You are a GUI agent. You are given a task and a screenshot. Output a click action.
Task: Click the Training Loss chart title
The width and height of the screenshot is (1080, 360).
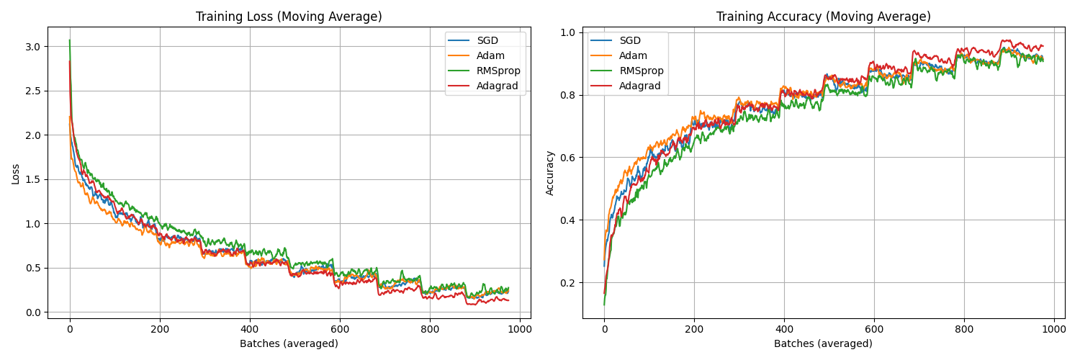pos(289,17)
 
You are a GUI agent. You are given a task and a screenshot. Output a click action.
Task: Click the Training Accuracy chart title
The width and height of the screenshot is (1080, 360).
pos(823,17)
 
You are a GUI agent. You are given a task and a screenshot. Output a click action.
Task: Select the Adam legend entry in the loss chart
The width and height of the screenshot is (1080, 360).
pos(490,55)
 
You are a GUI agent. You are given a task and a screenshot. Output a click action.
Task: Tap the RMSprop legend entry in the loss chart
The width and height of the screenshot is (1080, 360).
pos(498,71)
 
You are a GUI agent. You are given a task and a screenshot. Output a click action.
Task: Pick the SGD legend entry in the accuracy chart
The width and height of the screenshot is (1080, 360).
pos(630,40)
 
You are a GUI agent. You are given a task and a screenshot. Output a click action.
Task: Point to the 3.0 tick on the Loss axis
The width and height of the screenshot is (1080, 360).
pos(34,47)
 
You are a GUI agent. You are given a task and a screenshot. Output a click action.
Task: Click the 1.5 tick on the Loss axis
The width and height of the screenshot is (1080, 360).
pos(34,179)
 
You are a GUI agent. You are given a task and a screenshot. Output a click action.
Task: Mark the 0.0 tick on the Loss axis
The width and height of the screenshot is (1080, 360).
pos(34,312)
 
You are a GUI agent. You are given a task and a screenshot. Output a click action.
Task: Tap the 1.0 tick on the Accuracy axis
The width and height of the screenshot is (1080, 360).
pos(569,32)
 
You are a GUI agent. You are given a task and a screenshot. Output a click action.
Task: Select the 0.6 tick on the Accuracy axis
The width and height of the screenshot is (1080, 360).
pos(569,158)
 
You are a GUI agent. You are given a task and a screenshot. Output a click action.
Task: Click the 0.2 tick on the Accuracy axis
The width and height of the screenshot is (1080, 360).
pos(569,283)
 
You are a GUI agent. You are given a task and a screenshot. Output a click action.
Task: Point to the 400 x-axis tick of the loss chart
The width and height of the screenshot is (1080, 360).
pos(250,329)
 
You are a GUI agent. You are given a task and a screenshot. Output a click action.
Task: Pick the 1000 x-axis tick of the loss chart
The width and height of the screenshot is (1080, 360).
pos(520,329)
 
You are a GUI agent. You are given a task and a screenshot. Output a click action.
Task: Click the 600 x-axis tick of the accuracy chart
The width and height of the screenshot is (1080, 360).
pos(874,329)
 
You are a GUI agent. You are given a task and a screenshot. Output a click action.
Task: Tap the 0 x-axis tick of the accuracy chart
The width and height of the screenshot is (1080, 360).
pos(604,329)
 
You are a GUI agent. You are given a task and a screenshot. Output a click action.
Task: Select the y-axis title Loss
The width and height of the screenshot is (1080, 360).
pos(16,174)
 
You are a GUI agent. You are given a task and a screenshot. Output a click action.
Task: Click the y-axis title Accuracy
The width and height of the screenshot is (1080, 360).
pos(550,173)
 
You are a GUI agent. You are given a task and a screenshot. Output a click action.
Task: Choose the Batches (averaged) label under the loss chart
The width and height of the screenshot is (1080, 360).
pos(289,343)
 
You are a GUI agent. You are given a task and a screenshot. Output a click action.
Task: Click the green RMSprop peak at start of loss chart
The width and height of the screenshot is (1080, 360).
pos(69,41)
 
